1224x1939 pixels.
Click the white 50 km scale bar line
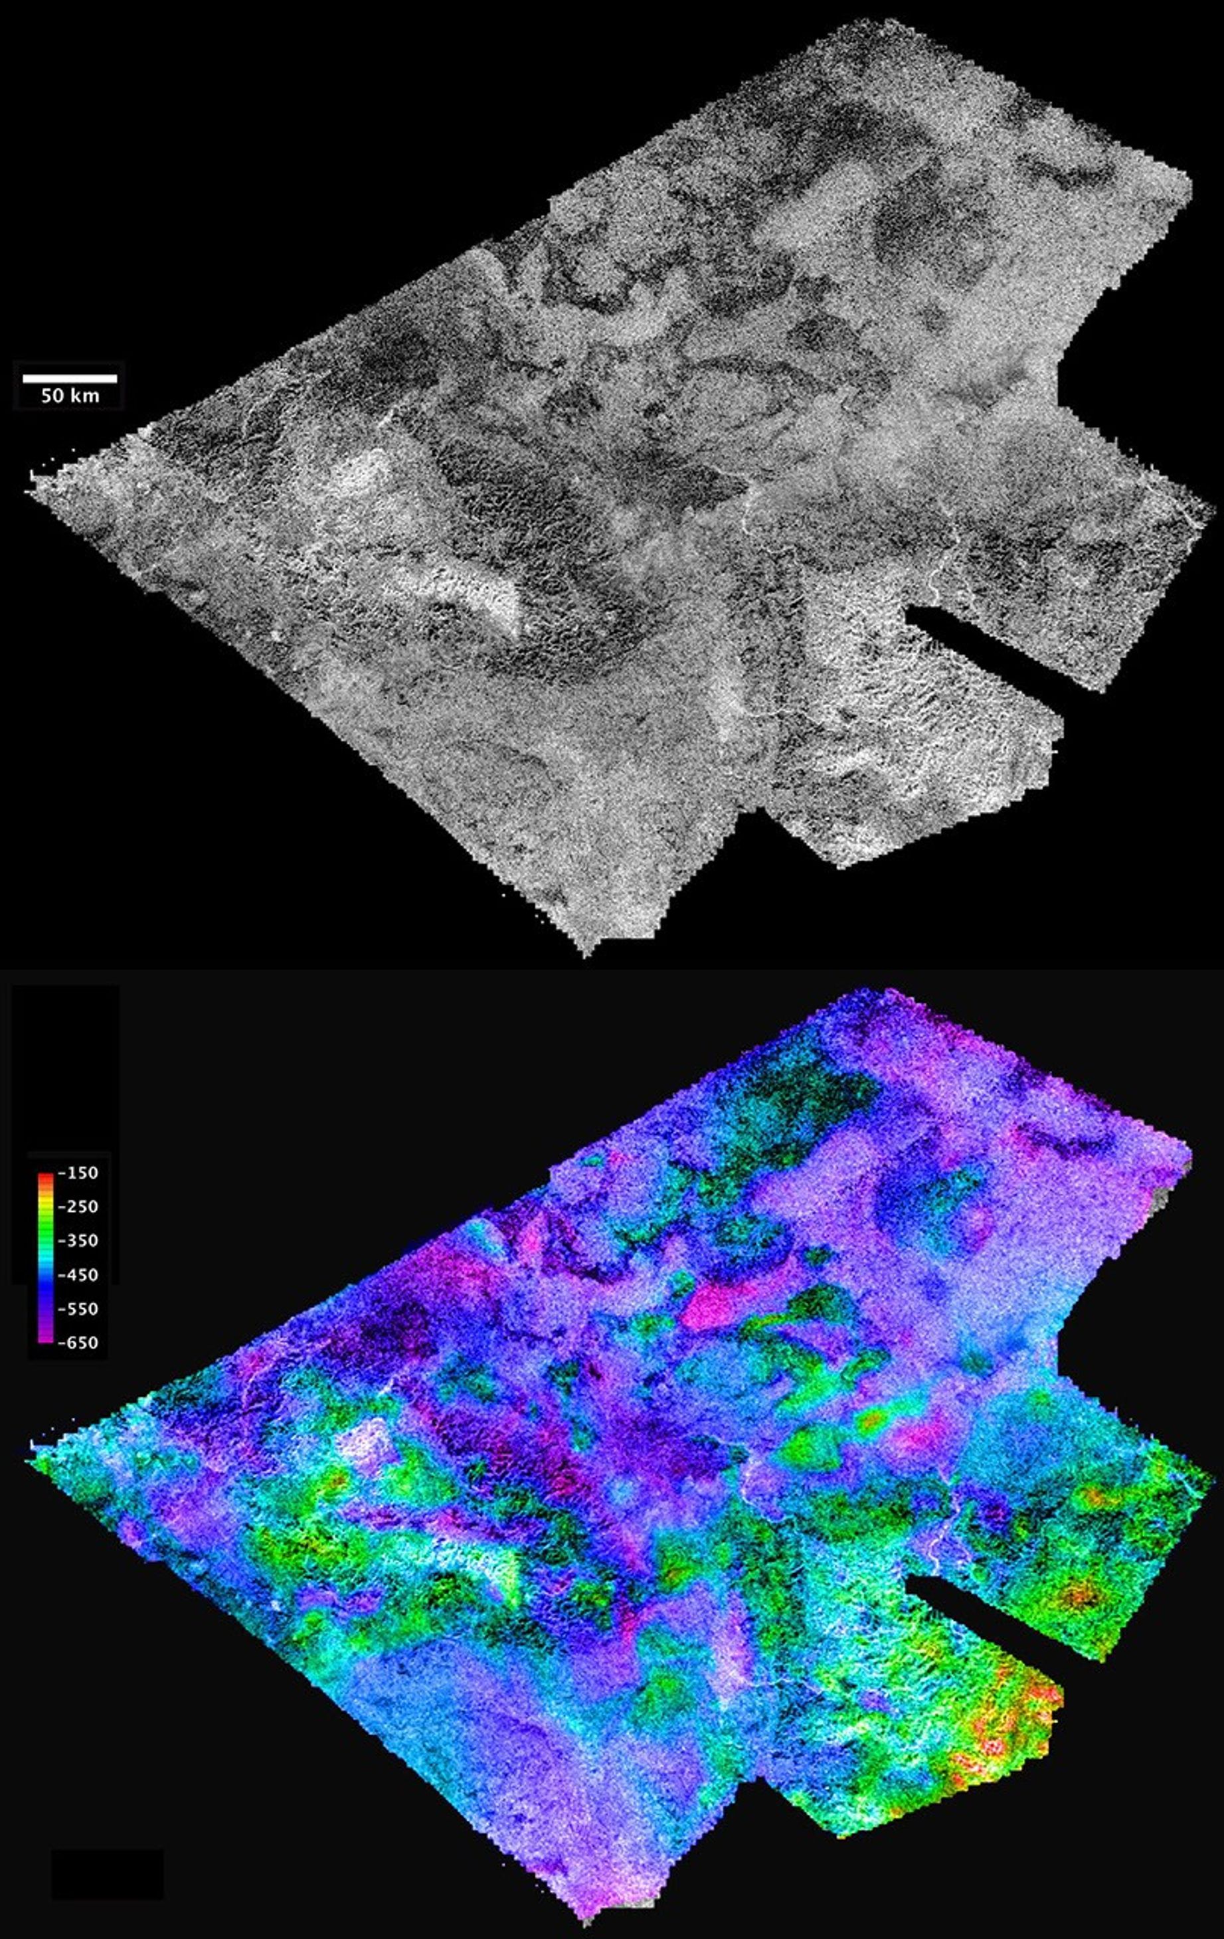point(69,378)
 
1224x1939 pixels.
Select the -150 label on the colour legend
point(81,1173)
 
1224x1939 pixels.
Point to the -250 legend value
point(81,1207)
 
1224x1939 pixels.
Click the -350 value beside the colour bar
point(81,1241)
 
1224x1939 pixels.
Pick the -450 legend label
point(81,1275)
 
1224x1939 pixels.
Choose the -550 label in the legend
point(81,1309)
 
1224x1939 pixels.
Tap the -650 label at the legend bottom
point(81,1342)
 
